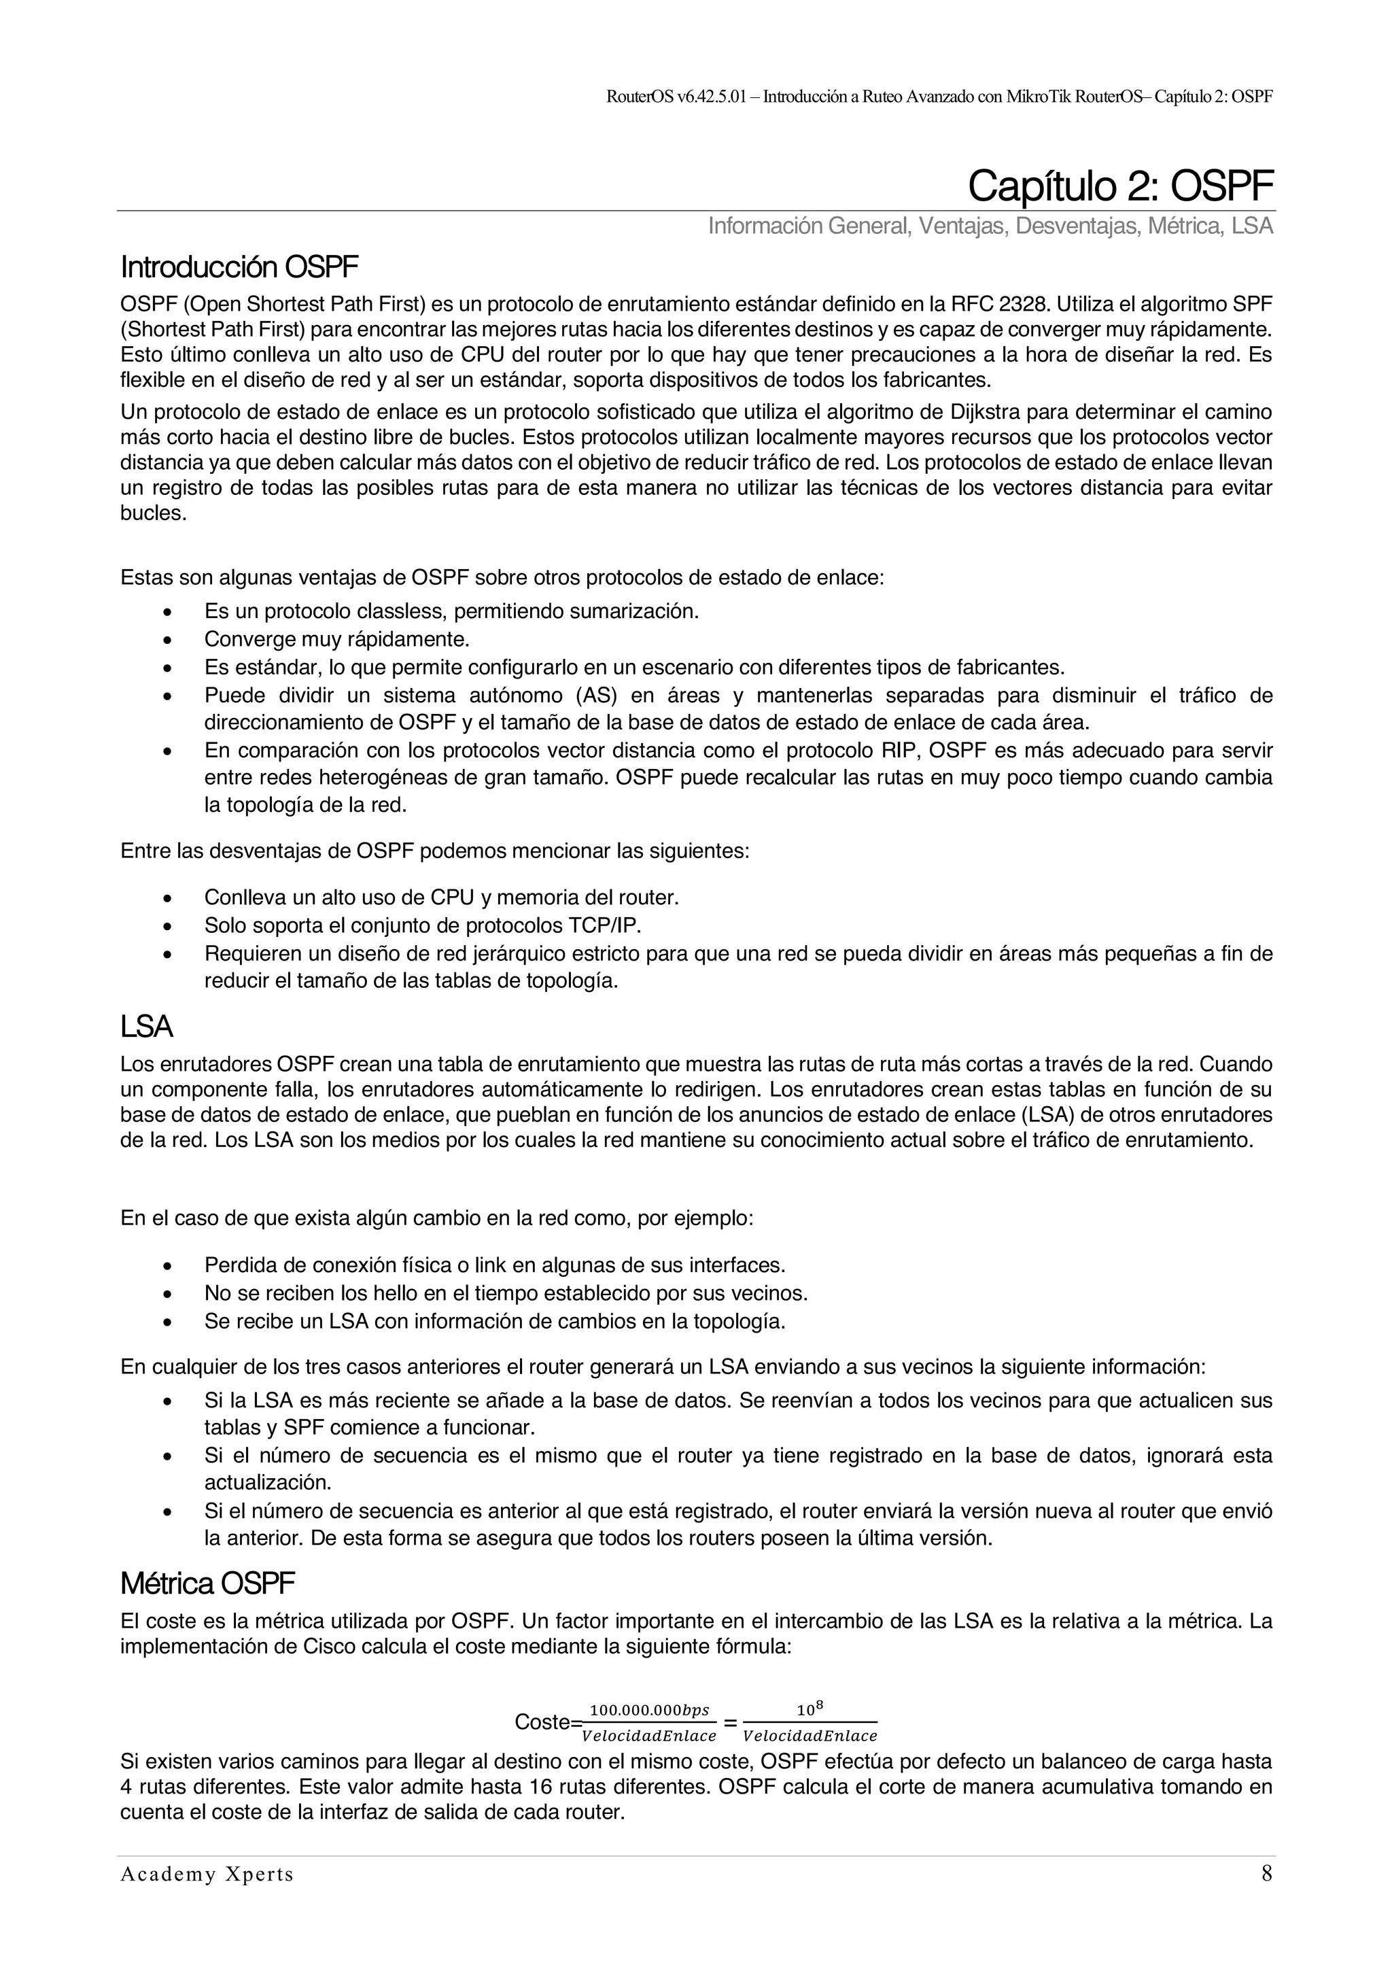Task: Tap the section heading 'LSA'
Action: tap(147, 1027)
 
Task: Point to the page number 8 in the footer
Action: tap(1266, 1874)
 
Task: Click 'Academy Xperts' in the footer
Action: tap(207, 1874)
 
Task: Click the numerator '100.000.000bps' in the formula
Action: tap(650, 1710)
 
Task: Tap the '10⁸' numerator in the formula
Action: tap(810, 1709)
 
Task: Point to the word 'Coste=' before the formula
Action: tap(548, 1722)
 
